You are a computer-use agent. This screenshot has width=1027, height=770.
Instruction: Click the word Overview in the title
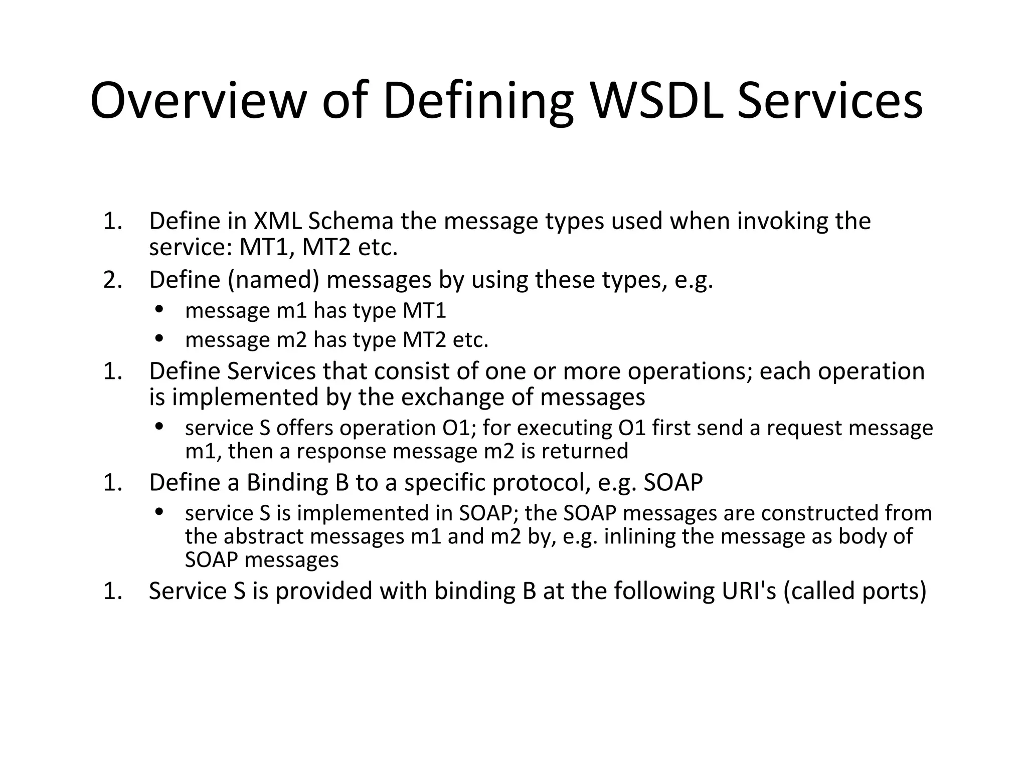(x=198, y=101)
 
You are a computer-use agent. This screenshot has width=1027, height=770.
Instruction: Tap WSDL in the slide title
(x=657, y=101)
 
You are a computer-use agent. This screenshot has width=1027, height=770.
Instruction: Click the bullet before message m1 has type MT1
(x=159, y=309)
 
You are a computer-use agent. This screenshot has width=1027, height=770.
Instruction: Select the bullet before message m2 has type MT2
(x=159, y=338)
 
